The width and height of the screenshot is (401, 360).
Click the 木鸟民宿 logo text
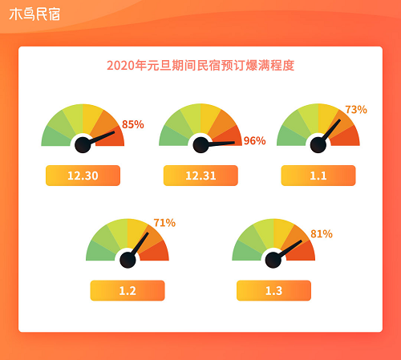(34, 14)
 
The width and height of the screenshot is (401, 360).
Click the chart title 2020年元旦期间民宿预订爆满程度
(200, 66)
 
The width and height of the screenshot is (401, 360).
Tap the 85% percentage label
(133, 124)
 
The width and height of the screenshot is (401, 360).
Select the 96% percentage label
(254, 141)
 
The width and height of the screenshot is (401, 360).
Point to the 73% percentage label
(356, 110)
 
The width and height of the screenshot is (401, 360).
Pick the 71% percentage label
(164, 223)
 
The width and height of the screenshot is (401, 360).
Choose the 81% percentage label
(322, 234)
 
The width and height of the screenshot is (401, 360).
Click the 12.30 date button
(83, 176)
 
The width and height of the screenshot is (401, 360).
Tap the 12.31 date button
(200, 176)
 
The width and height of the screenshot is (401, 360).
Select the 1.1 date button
(318, 176)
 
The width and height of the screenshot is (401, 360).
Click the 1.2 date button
(128, 290)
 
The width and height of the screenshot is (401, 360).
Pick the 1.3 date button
(273, 290)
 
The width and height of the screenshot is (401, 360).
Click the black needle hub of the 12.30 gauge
(83, 145)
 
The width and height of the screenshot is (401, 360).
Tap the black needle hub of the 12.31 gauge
(200, 145)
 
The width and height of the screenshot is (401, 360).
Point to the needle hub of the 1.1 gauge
(318, 145)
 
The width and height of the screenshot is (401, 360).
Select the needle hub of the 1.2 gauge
(128, 260)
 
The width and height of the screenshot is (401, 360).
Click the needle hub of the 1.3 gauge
(273, 260)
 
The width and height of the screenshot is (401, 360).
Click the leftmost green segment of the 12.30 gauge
(55, 138)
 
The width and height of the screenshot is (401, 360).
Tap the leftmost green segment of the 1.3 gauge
(245, 253)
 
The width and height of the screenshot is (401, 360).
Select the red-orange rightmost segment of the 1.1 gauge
(347, 137)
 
